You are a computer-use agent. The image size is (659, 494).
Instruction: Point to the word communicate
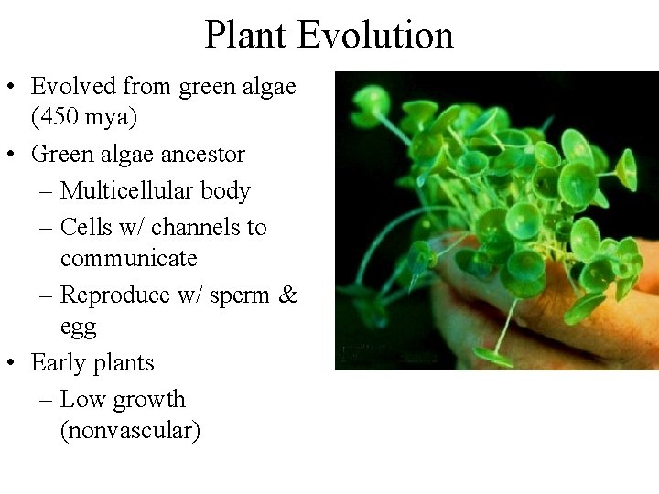pyautogui.click(x=129, y=259)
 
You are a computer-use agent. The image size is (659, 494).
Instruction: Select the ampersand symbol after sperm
pyautogui.click(x=288, y=295)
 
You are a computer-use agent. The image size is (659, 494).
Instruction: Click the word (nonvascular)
pyautogui.click(x=129, y=431)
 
